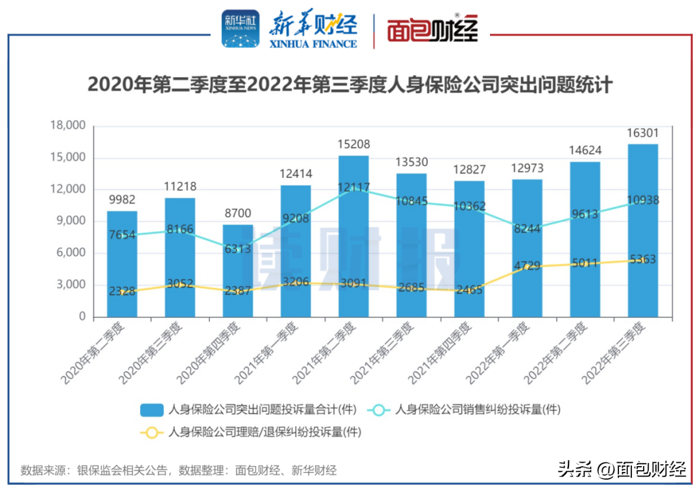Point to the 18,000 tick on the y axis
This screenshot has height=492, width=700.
[x=67, y=126]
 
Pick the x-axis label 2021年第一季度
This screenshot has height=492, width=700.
[x=269, y=353]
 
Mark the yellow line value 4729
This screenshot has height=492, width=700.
[x=527, y=265]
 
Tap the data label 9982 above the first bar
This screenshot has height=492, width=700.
[x=122, y=199]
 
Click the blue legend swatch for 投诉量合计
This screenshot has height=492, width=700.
[x=152, y=409]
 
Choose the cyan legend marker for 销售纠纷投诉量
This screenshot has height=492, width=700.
[x=379, y=409]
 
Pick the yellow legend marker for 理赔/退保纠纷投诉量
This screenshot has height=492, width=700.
[x=152, y=432]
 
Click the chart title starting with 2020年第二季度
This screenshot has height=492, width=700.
[x=350, y=85]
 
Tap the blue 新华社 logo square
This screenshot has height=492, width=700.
[x=240, y=29]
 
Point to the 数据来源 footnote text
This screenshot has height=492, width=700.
[x=179, y=470]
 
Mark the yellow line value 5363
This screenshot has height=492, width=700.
[x=642, y=260]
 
